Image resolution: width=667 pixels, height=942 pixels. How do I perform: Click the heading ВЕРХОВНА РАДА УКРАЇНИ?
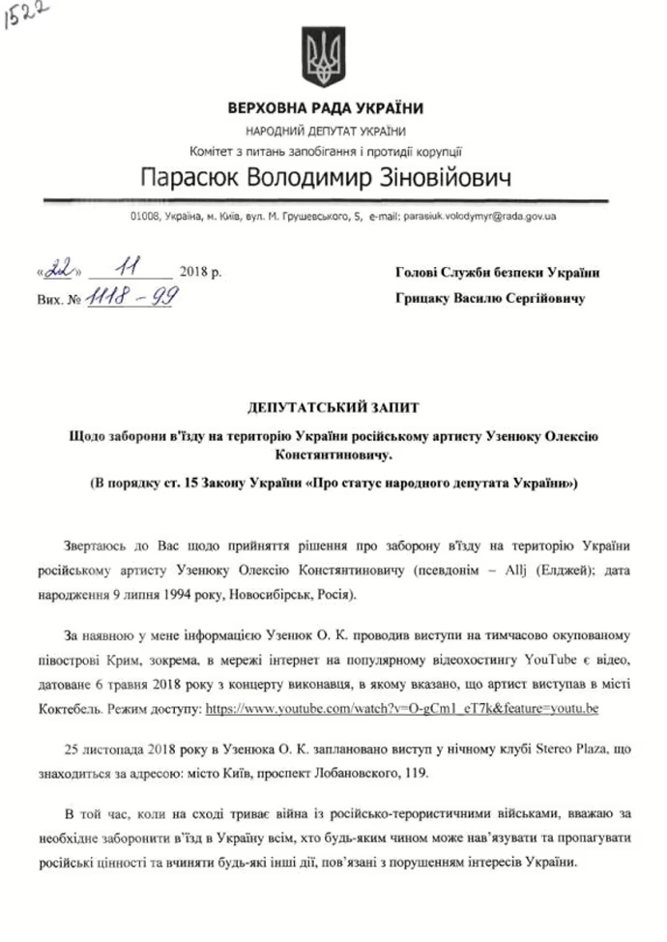326,108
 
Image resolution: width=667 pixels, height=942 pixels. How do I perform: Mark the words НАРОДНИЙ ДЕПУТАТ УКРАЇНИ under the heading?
326,131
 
